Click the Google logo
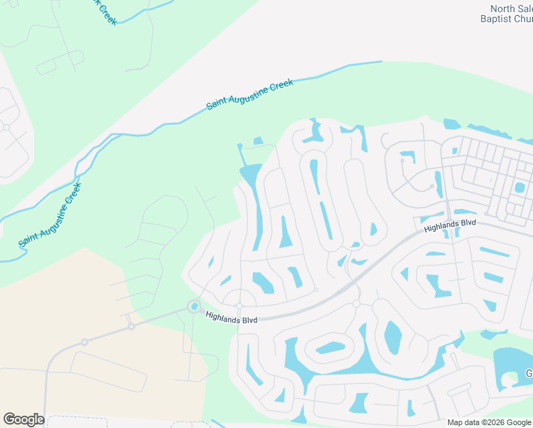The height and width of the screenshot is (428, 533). click(x=24, y=419)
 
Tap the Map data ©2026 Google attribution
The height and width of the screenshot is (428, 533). click(x=489, y=422)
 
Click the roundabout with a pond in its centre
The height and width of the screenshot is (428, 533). click(x=194, y=306)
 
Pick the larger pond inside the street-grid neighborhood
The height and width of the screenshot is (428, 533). click(x=519, y=188)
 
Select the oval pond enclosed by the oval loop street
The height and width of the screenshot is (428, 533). click(x=330, y=348)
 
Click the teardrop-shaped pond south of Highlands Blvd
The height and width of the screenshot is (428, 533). click(x=392, y=336)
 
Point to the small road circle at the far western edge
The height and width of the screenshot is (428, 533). click(x=6, y=127)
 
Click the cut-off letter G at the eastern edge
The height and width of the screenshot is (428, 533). click(x=529, y=374)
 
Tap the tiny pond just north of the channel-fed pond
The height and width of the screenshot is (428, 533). click(x=258, y=141)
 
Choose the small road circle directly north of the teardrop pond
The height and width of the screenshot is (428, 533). click(x=356, y=304)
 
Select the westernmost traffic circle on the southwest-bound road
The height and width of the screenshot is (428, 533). click(x=84, y=342)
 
